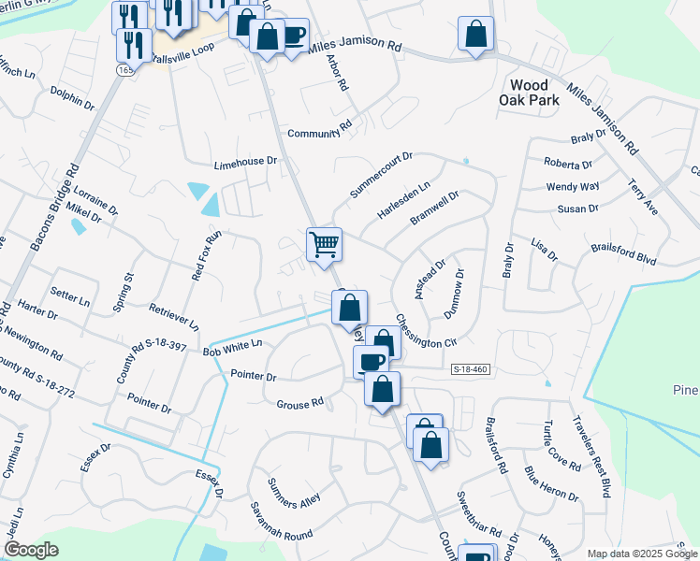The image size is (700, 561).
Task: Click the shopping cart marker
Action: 324,245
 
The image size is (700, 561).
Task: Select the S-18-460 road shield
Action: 470,370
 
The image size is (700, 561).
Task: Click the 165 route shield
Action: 124,70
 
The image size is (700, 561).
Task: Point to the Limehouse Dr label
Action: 246,161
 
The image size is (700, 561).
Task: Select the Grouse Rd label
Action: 299,403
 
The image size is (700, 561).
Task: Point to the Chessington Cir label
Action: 425,331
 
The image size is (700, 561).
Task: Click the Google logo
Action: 31,550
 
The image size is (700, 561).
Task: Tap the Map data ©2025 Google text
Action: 641,554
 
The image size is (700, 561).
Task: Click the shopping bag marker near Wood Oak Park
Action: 475,34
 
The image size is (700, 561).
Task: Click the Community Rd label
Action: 319,134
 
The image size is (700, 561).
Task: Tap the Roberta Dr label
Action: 569,164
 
